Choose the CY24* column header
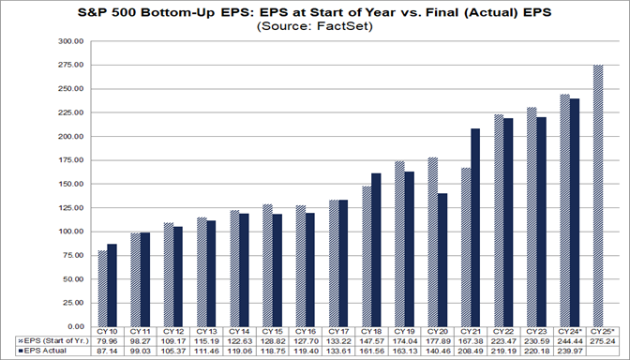(x=565, y=333)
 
